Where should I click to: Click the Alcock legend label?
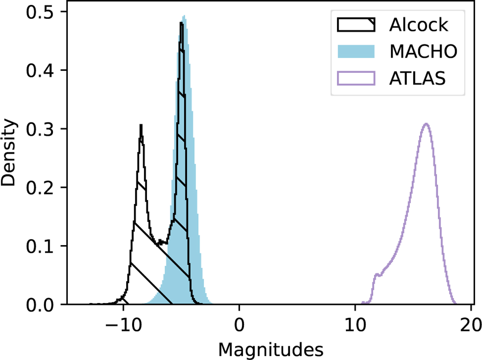pyautogui.click(x=418, y=25)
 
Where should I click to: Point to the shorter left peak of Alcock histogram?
pyautogui.click(x=141, y=125)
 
